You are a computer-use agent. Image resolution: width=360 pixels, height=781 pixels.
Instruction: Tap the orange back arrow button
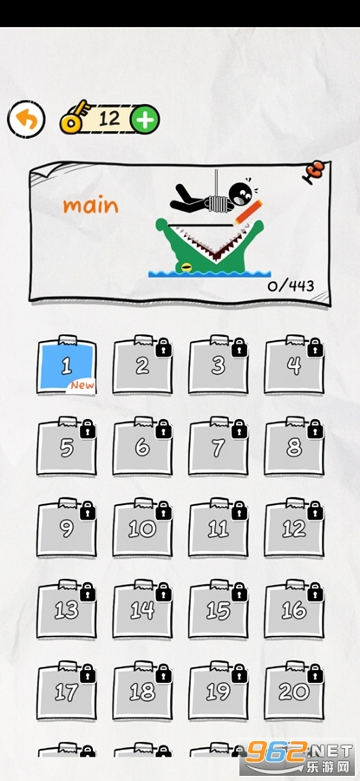click(x=26, y=120)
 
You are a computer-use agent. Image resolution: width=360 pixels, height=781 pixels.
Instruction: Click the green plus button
click(x=145, y=120)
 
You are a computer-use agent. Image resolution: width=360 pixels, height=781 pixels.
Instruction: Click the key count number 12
click(x=109, y=119)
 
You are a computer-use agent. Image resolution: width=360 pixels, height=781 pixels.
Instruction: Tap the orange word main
click(x=90, y=206)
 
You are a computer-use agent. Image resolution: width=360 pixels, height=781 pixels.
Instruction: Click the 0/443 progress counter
click(x=291, y=285)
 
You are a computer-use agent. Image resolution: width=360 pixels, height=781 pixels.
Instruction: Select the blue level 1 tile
click(x=67, y=365)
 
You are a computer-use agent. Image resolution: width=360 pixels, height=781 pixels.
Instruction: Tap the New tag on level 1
click(x=82, y=385)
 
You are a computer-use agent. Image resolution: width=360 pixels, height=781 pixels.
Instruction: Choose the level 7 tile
click(x=218, y=447)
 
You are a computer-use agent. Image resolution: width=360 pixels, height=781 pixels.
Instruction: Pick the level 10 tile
click(x=142, y=528)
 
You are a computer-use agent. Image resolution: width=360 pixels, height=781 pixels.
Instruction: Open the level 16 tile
click(x=294, y=610)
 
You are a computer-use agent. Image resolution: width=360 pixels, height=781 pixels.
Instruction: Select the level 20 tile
click(x=294, y=691)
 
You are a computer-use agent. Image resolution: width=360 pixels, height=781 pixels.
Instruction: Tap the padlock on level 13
click(x=88, y=592)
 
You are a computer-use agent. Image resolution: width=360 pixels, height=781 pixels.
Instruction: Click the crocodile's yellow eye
click(x=186, y=267)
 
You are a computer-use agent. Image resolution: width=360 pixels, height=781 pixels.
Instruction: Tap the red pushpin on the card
click(x=315, y=172)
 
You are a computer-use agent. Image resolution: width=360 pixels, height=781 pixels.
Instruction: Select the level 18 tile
click(x=142, y=691)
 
